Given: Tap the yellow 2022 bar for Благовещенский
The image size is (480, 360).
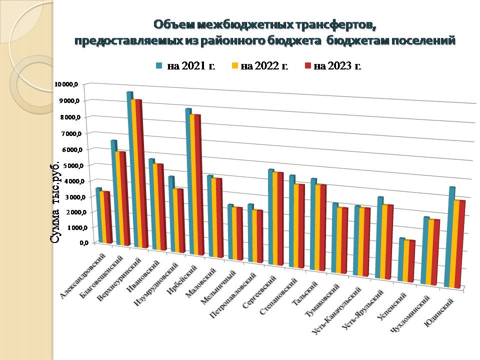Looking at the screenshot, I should pyautogui.click(x=118, y=198).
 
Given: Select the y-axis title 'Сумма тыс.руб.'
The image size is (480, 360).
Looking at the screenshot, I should pyautogui.click(x=56, y=202).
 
